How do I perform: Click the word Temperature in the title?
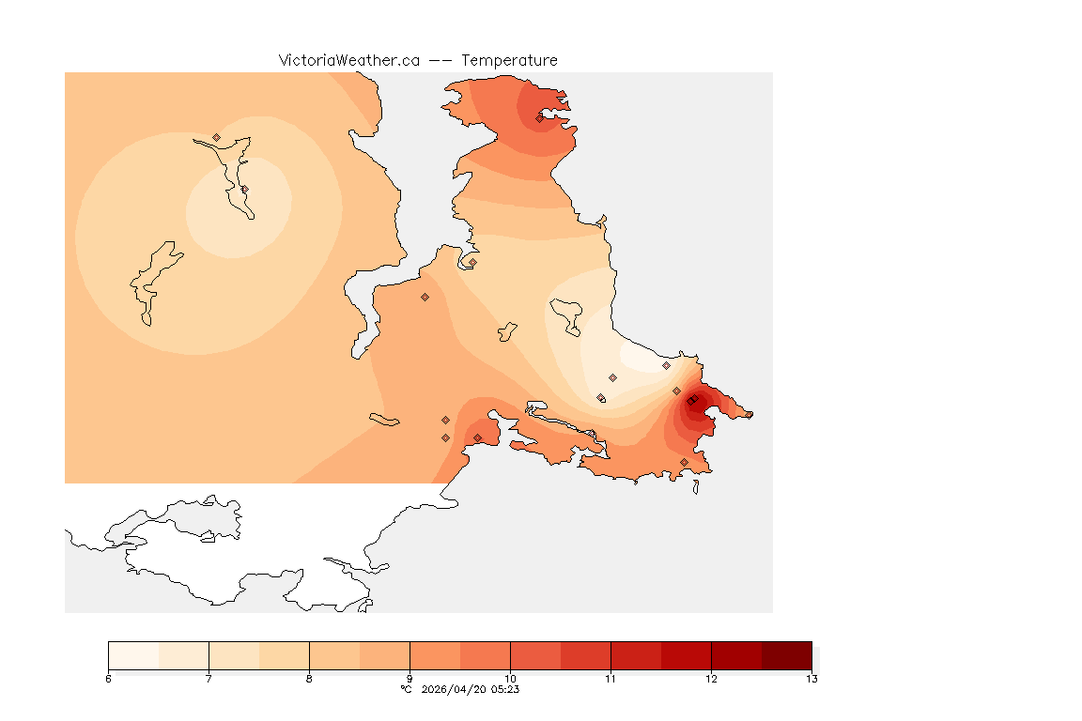pyautogui.click(x=509, y=60)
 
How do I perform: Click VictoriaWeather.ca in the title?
pyautogui.click(x=348, y=60)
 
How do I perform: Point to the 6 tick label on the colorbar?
pyautogui.click(x=109, y=679)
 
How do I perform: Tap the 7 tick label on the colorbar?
pyautogui.click(x=209, y=679)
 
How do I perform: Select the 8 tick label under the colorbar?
pyautogui.click(x=309, y=679)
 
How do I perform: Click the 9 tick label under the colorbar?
pyautogui.click(x=410, y=679)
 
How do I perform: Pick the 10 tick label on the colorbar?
pyautogui.click(x=510, y=679)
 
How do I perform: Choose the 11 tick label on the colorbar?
pyautogui.click(x=611, y=679)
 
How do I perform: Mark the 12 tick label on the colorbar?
pyautogui.click(x=711, y=679)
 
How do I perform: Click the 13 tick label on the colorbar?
pyautogui.click(x=811, y=679)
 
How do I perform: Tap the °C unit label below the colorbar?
pyautogui.click(x=406, y=689)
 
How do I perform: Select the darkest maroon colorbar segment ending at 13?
pyautogui.click(x=786, y=655)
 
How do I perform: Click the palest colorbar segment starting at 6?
pyautogui.click(x=133, y=655)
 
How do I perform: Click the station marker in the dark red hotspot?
pyautogui.click(x=691, y=402)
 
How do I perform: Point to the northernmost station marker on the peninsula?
pyautogui.click(x=539, y=118)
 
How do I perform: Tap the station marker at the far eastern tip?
pyautogui.click(x=749, y=414)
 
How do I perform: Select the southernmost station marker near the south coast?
pyautogui.click(x=684, y=462)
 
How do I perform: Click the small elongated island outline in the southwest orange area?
pyautogui.click(x=384, y=420)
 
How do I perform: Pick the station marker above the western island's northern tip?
pyautogui.click(x=216, y=137)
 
